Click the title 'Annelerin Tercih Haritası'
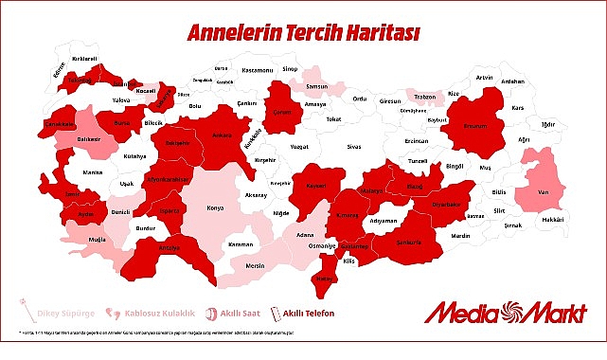(x=304, y=33)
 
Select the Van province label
(x=543, y=190)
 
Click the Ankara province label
(x=220, y=135)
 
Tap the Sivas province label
(x=353, y=148)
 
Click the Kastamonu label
(x=257, y=70)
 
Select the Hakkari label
(x=552, y=220)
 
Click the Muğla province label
(x=98, y=240)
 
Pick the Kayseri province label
(x=316, y=185)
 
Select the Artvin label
(x=484, y=77)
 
